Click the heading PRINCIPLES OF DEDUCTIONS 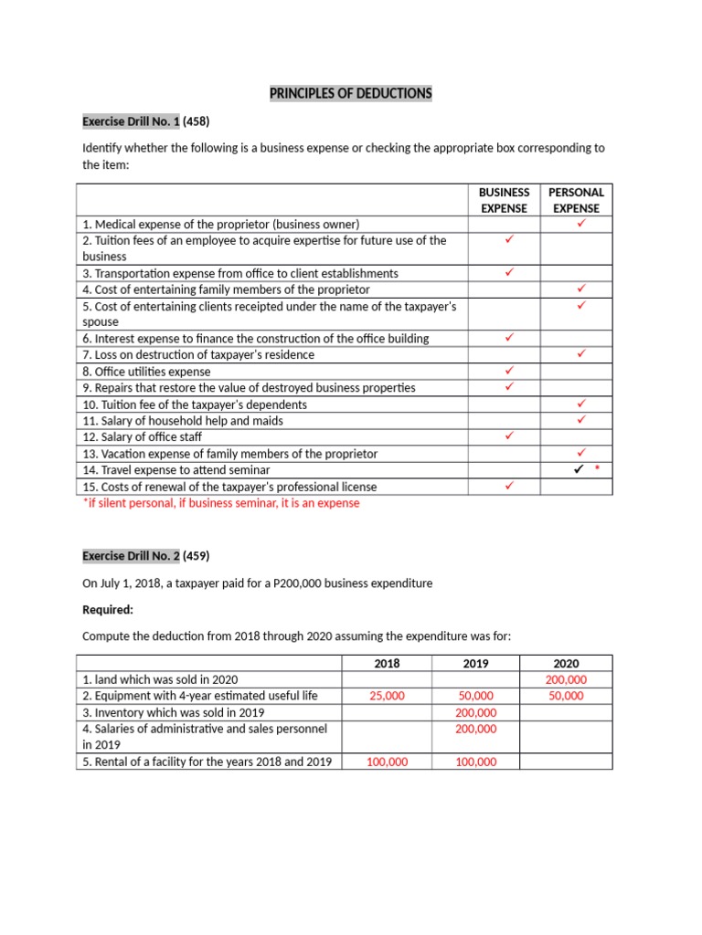click(350, 94)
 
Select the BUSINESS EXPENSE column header click(504, 200)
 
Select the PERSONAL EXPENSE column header click(576, 200)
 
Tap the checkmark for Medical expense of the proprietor click(580, 224)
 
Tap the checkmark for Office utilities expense click(509, 371)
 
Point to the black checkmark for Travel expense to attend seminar click(579, 470)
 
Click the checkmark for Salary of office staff click(509, 436)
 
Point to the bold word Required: click(108, 610)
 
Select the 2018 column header click(388, 664)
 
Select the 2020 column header click(566, 664)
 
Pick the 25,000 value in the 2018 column click(388, 696)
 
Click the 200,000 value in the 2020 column click(566, 680)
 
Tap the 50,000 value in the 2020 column click(566, 696)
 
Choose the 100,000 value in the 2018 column click(388, 762)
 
